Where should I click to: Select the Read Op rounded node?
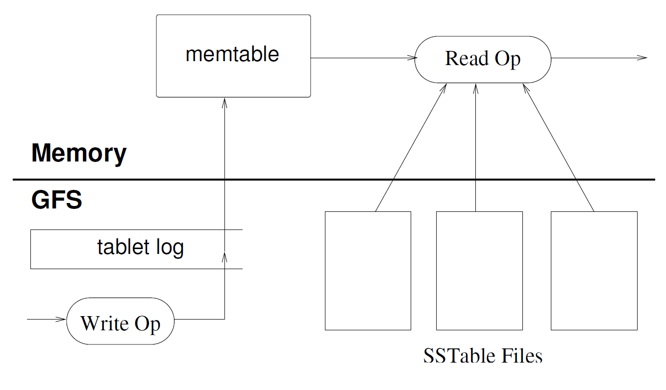[483, 59]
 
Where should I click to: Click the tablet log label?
[140, 248]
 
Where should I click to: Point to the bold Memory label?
[79, 153]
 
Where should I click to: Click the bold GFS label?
[56, 200]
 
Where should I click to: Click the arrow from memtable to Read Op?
[363, 58]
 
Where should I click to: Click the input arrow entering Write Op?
[47, 320]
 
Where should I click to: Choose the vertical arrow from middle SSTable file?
[475, 147]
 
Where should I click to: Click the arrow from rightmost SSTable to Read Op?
[559, 147]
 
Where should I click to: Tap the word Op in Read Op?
[507, 59]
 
